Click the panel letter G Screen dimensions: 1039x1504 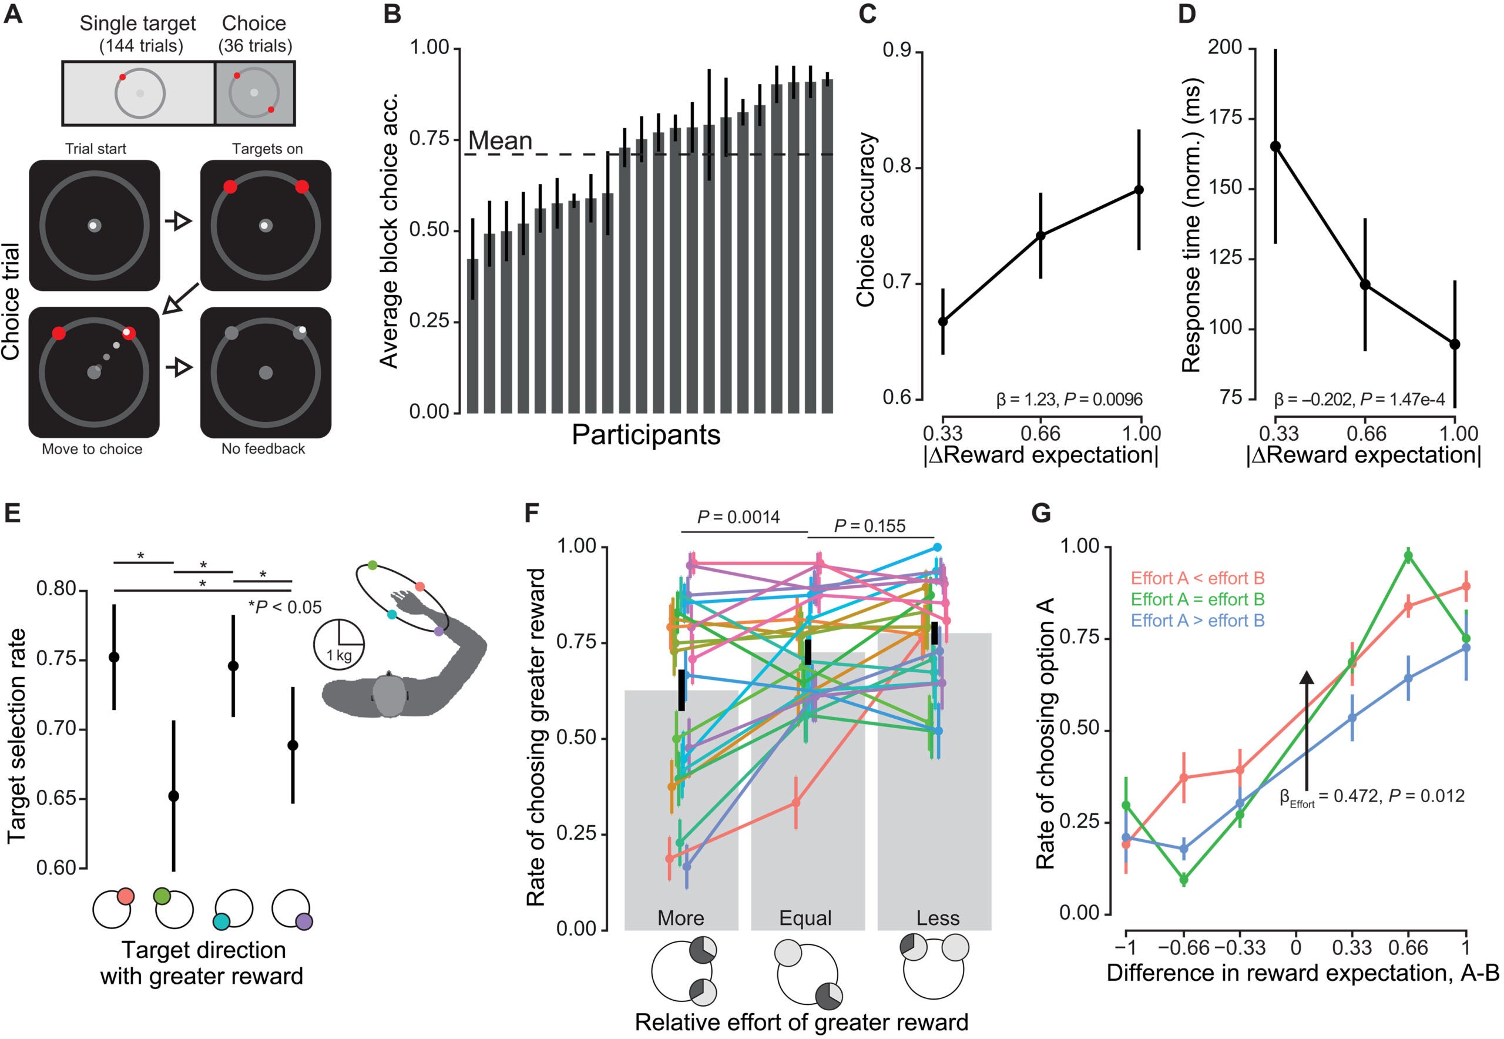[x=1042, y=514]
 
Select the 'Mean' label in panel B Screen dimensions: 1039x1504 [x=500, y=140]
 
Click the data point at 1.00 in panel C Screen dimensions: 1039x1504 [x=1139, y=189]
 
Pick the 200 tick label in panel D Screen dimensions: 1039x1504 [x=1225, y=48]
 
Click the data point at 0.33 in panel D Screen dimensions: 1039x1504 [x=1275, y=146]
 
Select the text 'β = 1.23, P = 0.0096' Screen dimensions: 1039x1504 [x=1069, y=399]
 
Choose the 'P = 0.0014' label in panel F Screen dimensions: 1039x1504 [x=738, y=518]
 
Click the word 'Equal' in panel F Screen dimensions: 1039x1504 [x=805, y=918]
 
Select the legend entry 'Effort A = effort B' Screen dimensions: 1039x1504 [x=1197, y=599]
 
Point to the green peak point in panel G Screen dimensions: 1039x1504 [x=1408, y=556]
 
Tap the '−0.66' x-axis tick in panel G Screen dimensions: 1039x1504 [x=1183, y=947]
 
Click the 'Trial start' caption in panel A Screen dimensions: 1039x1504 [x=96, y=149]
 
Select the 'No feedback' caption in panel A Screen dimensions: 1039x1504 [x=263, y=448]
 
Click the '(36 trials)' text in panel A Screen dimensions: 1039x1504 [x=254, y=46]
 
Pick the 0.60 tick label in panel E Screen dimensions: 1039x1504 [x=57, y=868]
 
